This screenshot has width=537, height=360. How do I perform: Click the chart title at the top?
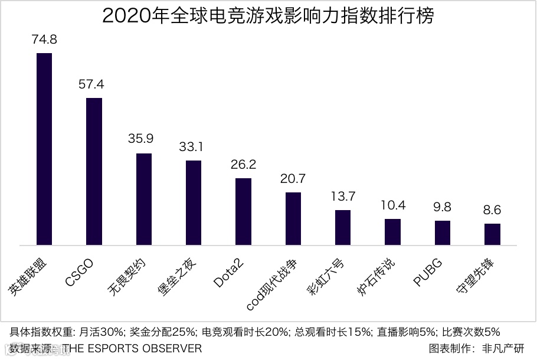pyautogui.click(x=268, y=16)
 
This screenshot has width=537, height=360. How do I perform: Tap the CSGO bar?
pyautogui.click(x=94, y=171)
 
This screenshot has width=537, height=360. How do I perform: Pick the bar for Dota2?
pyautogui.click(x=243, y=211)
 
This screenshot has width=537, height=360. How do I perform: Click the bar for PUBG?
pyautogui.click(x=443, y=233)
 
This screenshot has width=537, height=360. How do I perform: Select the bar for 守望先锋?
pyautogui.click(x=492, y=234)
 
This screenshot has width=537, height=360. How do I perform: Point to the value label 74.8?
pyautogui.click(x=44, y=40)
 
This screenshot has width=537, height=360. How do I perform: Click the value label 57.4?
pyautogui.click(x=94, y=84)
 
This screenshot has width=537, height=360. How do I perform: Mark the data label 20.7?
pyautogui.click(x=293, y=178)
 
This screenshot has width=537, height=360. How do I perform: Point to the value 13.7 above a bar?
pyautogui.click(x=343, y=196)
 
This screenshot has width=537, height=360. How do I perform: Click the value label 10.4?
pyautogui.click(x=393, y=205)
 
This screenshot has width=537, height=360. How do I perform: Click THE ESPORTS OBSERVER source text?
pyautogui.click(x=133, y=349)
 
